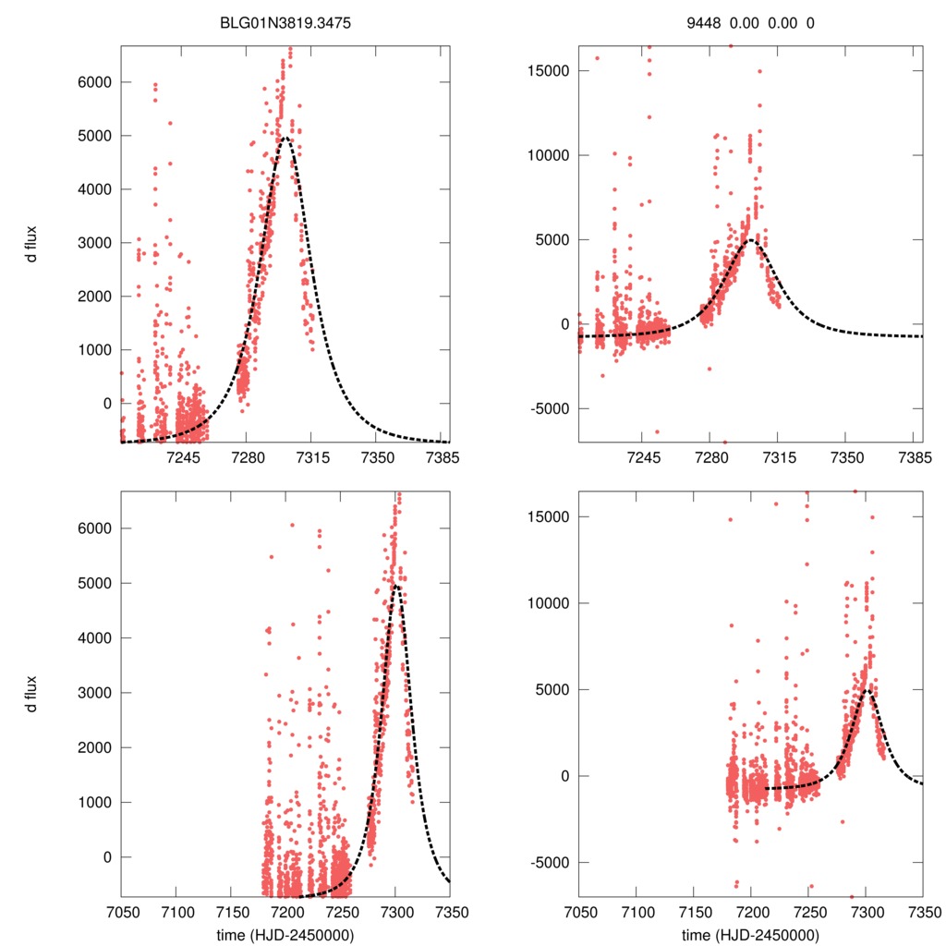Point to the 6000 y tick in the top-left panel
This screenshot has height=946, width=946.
pos(92,82)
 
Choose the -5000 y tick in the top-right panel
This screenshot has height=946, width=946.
pos(544,408)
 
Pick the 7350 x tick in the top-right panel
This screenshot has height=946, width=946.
pos(846,458)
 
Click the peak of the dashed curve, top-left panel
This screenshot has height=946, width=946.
pos(285,138)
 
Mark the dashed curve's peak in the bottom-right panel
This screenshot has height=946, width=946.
pos(867,689)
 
